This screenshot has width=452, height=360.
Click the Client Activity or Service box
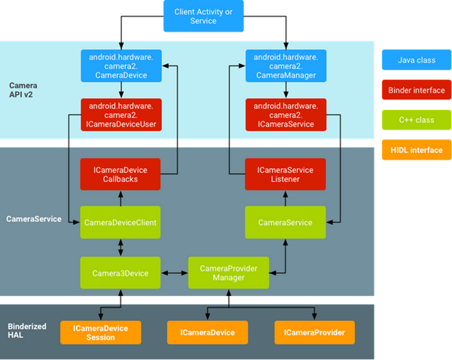203,16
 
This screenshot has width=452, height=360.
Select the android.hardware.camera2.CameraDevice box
120,66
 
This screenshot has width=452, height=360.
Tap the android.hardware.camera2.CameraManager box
285,66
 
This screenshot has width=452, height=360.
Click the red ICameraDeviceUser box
120,114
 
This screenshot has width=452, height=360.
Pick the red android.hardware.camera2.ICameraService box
285,114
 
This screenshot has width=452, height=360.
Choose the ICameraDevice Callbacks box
120,175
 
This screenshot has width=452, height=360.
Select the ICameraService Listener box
285,175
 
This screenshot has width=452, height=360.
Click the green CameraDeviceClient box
120,222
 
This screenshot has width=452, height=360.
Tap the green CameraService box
285,222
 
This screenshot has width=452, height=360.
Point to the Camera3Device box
120,272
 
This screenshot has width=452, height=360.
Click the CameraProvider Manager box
228,272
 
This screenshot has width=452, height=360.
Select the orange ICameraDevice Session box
99,332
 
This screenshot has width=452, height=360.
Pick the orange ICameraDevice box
206,332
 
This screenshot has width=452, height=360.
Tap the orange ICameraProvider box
314,332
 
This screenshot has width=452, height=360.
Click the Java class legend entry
415,58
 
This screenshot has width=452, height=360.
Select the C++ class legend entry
415,120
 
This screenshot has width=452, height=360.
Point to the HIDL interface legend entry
415,150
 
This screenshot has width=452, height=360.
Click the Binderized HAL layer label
28,331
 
